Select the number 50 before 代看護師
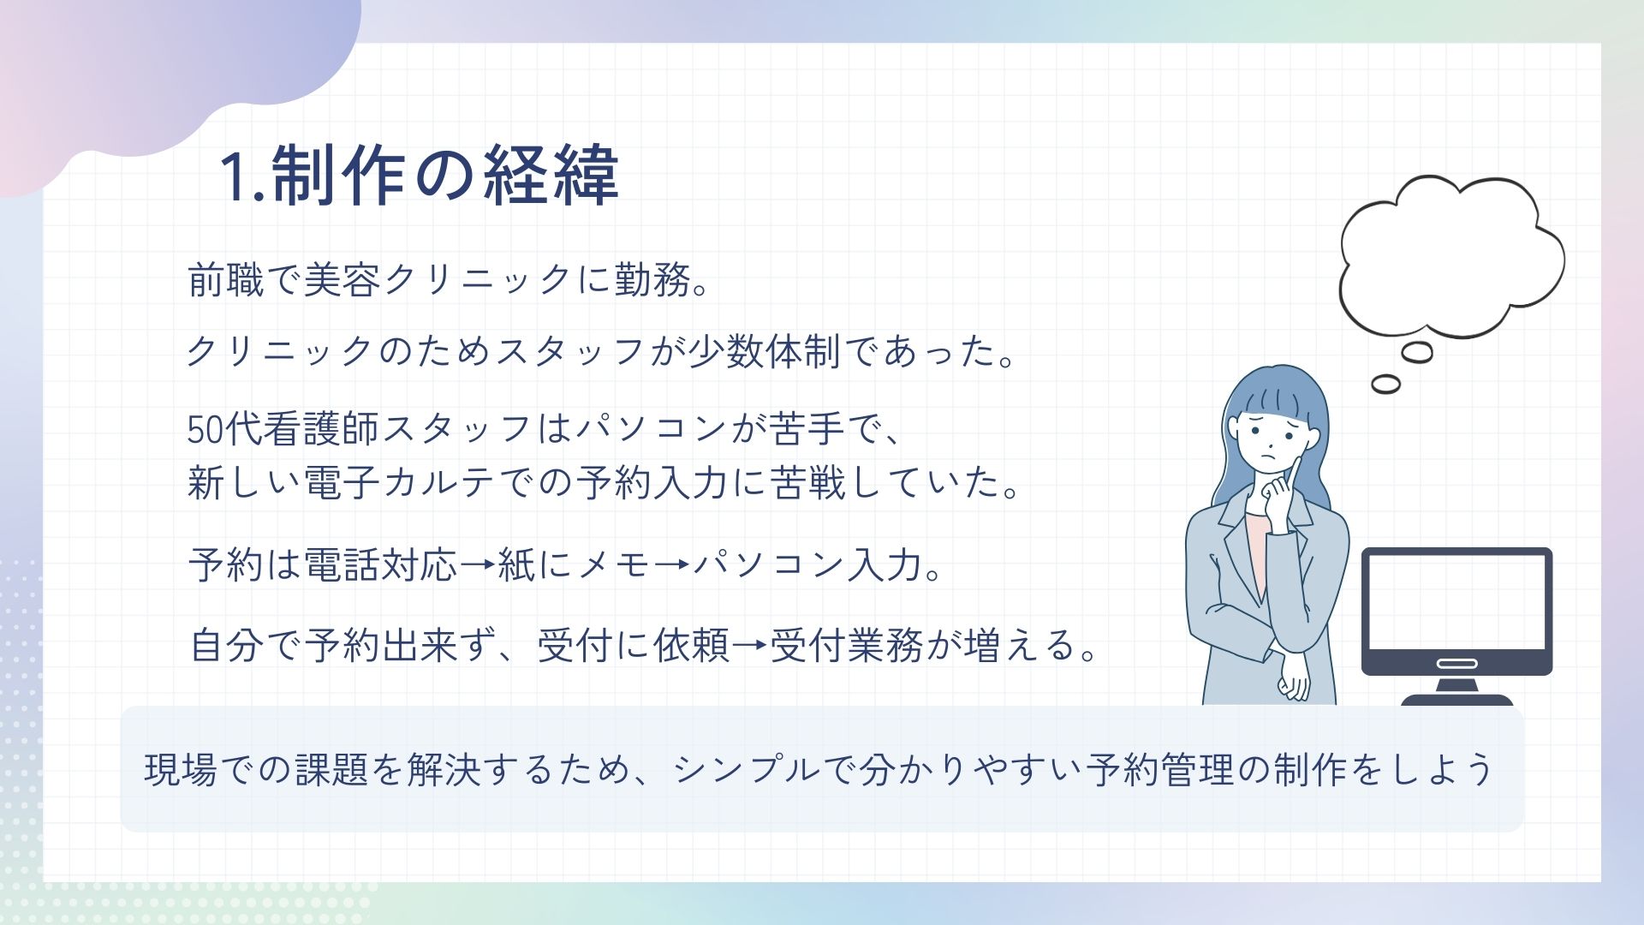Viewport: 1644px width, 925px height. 205,429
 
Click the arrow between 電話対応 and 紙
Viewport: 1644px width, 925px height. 478,565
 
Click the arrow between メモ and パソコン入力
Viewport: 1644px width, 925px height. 672,565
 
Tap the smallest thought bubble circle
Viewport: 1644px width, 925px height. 1385,384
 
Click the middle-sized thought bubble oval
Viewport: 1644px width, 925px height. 1416,352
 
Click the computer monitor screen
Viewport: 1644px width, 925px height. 1456,601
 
